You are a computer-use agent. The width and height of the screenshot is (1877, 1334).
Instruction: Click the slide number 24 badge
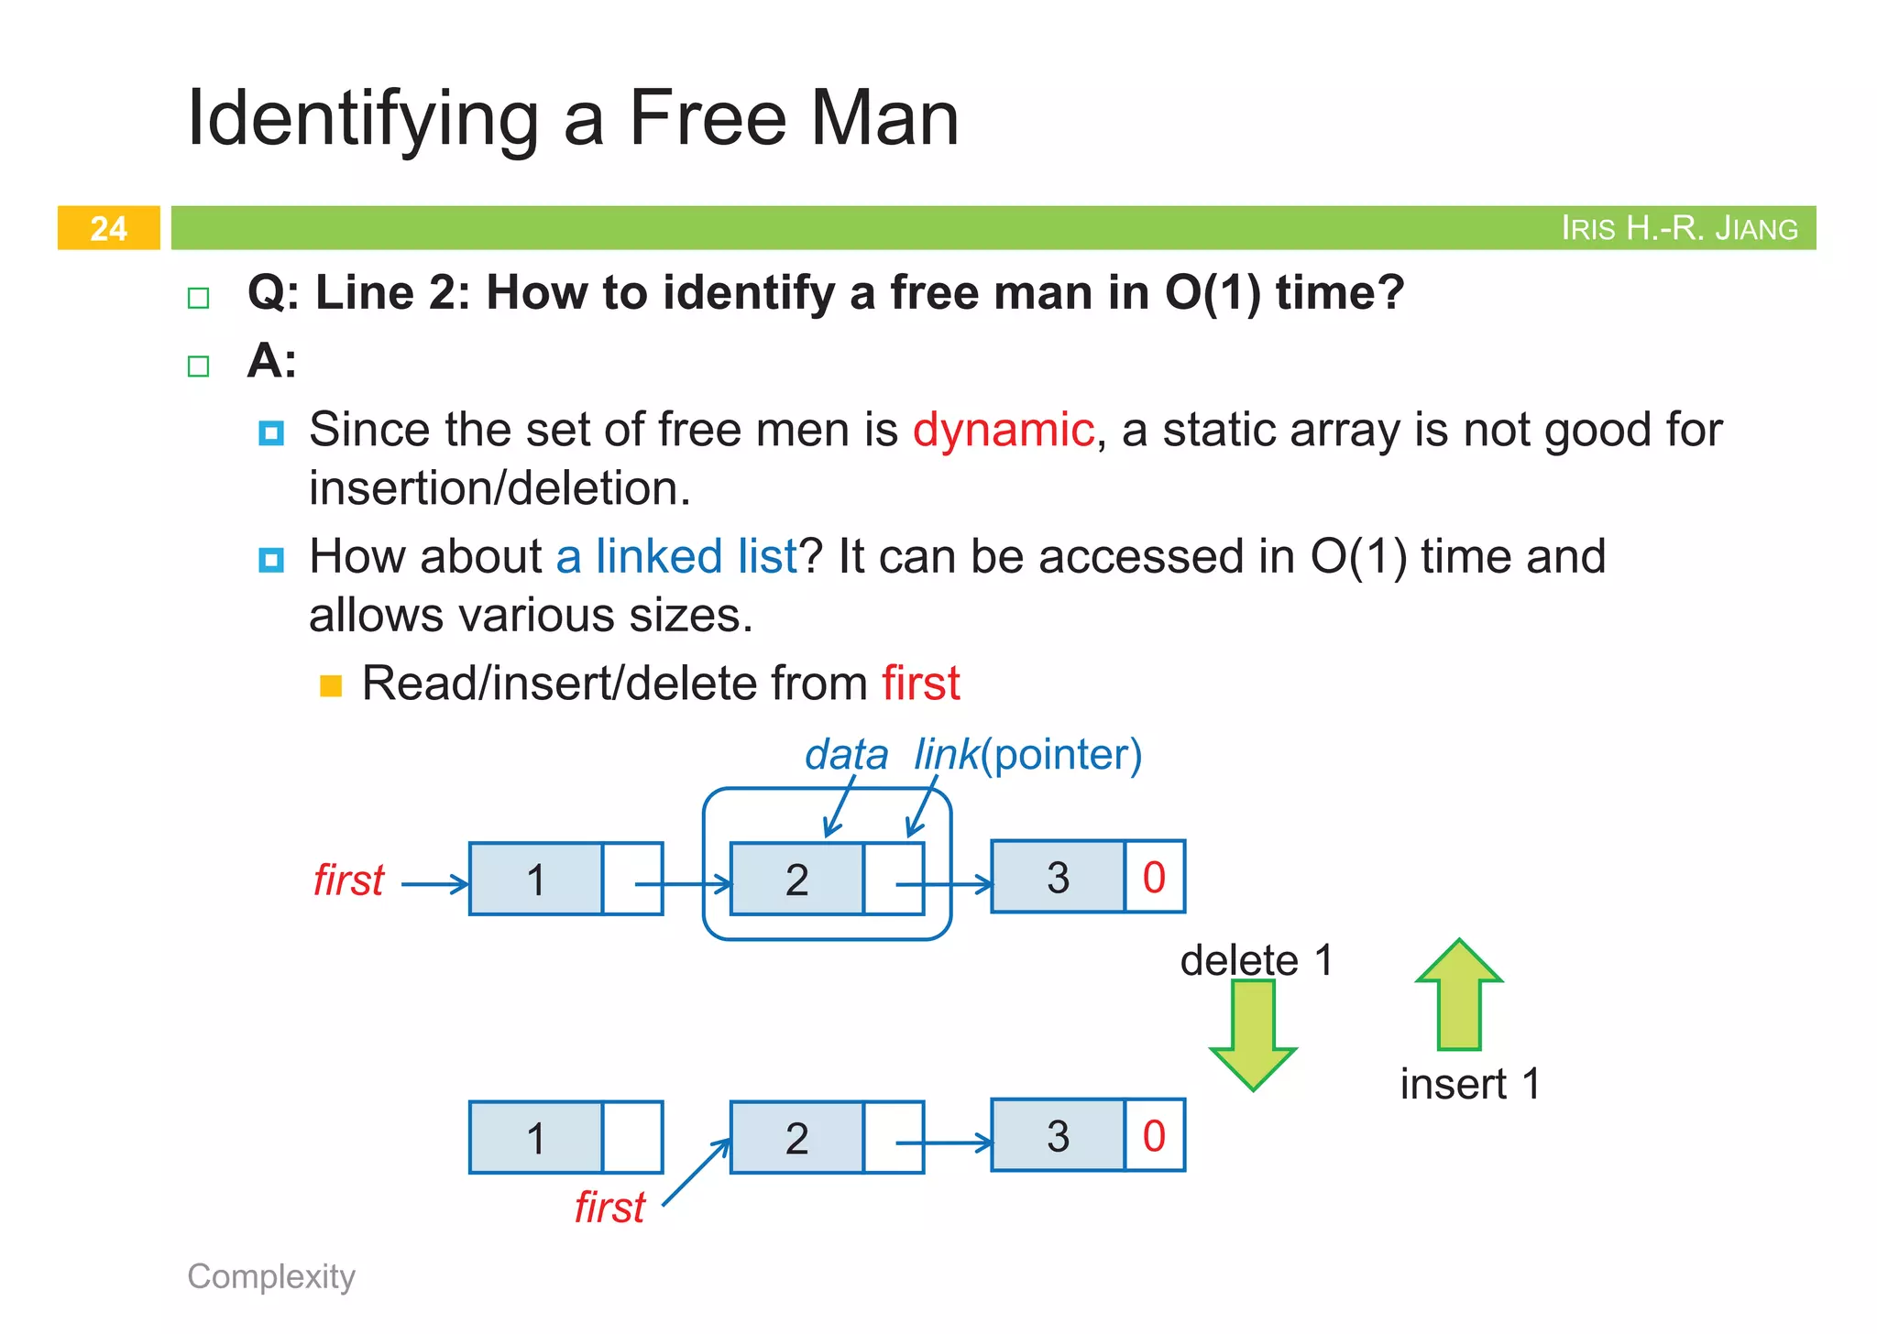(108, 228)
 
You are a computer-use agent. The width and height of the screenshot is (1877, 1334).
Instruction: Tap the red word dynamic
(1003, 430)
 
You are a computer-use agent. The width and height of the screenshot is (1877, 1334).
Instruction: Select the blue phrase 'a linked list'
(676, 556)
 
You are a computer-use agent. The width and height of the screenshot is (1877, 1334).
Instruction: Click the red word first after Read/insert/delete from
(920, 683)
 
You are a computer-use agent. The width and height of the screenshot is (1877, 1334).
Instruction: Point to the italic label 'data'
(846, 755)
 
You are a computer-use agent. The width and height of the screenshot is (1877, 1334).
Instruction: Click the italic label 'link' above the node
(945, 755)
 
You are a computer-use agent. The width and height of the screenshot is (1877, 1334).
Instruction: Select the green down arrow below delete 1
(1252, 1033)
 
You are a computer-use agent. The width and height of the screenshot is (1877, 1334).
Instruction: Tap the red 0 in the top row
(1154, 878)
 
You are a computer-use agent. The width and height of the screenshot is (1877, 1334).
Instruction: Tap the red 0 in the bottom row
(1154, 1136)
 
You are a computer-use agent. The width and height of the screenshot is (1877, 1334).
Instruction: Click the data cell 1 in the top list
(536, 880)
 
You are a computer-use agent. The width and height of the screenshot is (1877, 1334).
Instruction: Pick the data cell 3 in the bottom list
(1058, 1136)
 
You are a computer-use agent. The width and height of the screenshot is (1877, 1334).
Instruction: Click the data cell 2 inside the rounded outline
(796, 880)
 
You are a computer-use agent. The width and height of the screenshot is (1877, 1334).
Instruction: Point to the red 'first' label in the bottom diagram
(609, 1208)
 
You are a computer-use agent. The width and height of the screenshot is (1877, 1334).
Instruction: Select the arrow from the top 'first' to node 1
(434, 884)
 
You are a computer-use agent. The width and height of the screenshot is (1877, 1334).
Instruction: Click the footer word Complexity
(271, 1276)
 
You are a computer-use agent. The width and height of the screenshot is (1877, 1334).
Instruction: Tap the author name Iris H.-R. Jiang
(1679, 228)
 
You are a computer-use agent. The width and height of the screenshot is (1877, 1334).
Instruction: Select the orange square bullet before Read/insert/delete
(331, 685)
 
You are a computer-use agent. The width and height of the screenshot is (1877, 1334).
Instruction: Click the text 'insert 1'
(1469, 1085)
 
